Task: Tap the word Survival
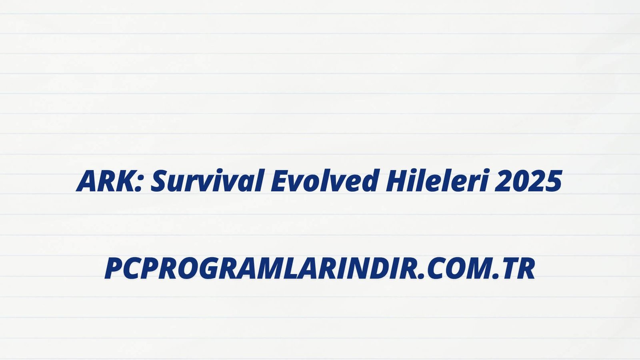[206, 180]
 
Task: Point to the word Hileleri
[436, 180]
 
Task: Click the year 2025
[528, 181]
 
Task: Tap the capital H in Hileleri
[398, 181]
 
